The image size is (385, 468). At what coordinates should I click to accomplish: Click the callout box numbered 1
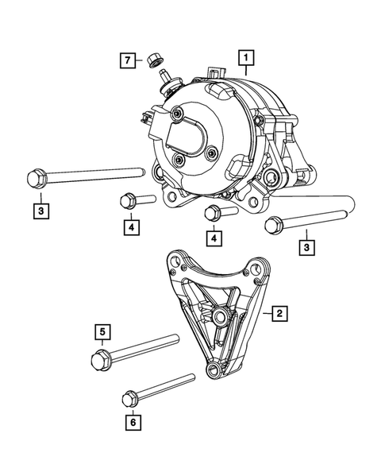click(x=248, y=57)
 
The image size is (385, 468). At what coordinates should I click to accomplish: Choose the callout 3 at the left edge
click(x=40, y=211)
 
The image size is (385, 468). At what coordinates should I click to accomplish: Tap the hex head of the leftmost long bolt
click(x=33, y=178)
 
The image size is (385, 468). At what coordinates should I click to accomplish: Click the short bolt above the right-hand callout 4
click(x=215, y=213)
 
